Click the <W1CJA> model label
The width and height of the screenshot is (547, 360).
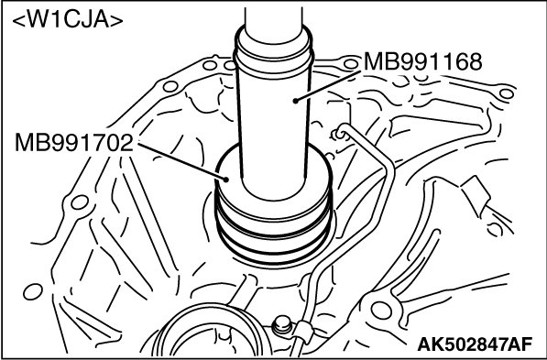(x=68, y=20)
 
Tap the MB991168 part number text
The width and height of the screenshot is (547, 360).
(x=422, y=61)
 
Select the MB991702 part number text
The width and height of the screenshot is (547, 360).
(x=74, y=142)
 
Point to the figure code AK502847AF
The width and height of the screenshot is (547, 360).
(x=475, y=344)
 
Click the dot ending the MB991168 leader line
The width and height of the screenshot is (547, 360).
(x=295, y=101)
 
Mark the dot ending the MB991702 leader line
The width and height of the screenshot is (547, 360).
(x=226, y=180)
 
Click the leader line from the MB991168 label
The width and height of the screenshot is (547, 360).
(x=328, y=86)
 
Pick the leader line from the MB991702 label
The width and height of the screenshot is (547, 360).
(x=181, y=161)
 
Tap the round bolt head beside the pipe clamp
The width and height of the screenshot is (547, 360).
(x=281, y=325)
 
